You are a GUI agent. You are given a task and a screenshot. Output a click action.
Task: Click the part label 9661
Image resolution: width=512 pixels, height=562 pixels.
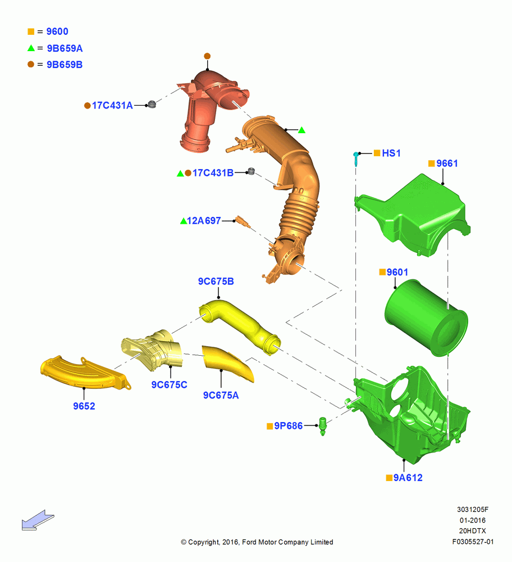447,164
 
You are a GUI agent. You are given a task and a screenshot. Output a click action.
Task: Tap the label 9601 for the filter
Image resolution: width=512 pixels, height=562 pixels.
397,273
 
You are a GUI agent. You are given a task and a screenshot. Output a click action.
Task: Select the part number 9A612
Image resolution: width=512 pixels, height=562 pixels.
408,478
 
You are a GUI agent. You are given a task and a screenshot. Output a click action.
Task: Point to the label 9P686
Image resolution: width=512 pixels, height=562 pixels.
288,426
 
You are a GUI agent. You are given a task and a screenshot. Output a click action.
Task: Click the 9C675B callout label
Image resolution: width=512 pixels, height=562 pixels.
216,282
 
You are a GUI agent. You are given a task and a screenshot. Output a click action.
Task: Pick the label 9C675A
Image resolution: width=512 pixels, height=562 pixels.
221,395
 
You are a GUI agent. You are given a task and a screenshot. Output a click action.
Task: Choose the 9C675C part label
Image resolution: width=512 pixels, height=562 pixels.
169,384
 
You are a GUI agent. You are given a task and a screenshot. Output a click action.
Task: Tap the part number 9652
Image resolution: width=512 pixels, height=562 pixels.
84,406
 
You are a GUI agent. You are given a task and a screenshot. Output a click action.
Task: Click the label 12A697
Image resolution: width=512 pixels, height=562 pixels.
204,221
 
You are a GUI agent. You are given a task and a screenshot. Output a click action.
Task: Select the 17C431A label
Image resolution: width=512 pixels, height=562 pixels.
112,106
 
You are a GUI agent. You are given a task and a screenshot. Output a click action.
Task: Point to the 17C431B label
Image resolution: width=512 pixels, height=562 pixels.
213,173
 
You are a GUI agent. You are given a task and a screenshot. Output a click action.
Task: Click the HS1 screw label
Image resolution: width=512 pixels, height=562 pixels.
391,153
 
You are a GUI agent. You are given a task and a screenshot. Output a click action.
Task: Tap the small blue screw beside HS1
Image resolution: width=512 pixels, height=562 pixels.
355,159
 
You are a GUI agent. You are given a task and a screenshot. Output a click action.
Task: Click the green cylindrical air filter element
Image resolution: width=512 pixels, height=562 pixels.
426,318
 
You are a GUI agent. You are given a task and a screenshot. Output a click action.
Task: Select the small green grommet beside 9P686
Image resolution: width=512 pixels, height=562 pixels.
323,426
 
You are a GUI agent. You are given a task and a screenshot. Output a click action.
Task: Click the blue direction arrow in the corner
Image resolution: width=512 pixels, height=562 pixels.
38,520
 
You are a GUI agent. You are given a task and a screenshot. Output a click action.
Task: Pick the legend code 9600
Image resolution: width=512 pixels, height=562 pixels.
57,31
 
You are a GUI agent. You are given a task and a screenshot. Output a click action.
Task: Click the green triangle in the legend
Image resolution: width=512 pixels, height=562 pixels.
31,48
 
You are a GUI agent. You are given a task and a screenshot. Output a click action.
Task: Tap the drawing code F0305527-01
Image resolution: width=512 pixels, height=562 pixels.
473,542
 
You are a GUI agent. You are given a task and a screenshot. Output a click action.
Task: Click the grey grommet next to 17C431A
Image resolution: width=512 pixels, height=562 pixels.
152,105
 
